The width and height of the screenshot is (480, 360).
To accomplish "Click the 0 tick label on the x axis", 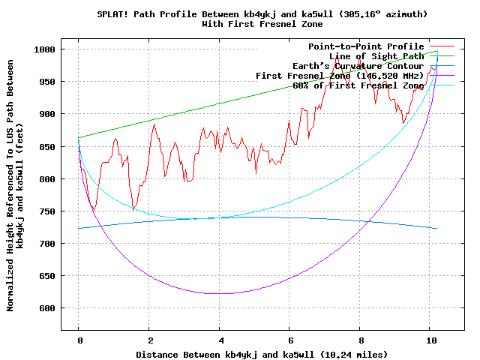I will [79, 339].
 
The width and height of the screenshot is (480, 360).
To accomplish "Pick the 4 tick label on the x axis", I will [220, 339].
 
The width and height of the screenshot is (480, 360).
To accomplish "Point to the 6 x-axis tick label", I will [289, 339].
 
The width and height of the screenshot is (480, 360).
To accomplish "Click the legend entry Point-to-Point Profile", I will [366, 46].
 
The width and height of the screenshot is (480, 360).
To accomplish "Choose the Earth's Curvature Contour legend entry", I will [358, 66].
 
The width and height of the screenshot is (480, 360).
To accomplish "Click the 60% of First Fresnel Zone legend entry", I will [358, 85].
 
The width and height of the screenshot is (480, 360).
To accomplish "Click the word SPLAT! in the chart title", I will [113, 14].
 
